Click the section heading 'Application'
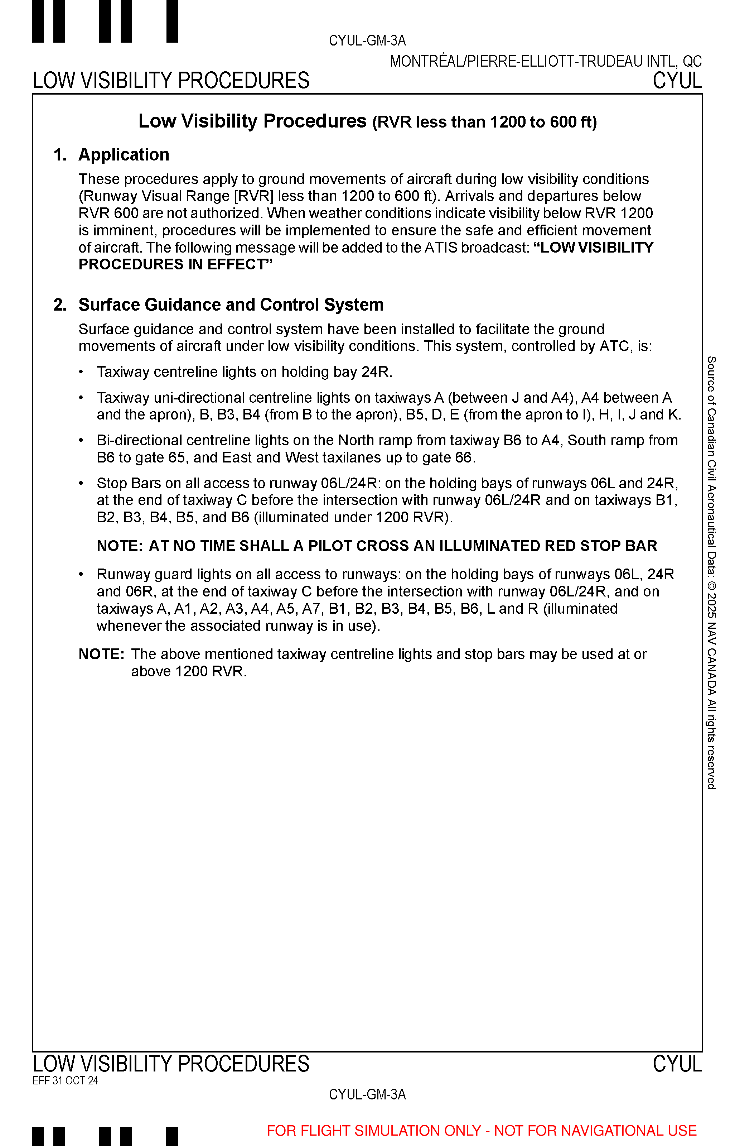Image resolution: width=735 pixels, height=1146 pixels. (124, 155)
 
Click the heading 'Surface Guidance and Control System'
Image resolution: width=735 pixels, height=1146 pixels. (231, 305)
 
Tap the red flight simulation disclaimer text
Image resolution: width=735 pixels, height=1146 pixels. (482, 1130)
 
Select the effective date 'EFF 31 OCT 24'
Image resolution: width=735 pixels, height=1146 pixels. (66, 1080)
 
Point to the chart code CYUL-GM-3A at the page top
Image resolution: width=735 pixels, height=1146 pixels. (367, 40)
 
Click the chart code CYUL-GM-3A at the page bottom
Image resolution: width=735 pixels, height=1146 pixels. (367, 1094)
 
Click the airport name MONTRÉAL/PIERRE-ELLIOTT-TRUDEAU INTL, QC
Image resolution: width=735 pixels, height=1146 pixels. (546, 61)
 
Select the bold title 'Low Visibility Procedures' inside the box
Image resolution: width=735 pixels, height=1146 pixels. (252, 121)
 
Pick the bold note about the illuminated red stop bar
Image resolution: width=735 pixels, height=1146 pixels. (377, 546)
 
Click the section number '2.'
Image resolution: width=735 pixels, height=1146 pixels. (60, 305)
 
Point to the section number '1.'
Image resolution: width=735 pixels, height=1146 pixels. (60, 155)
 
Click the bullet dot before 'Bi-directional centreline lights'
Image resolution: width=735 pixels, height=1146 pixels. (82, 440)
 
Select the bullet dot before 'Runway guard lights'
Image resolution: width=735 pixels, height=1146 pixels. (82, 574)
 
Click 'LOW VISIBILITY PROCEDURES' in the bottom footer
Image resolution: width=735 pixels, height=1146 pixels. (171, 1064)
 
